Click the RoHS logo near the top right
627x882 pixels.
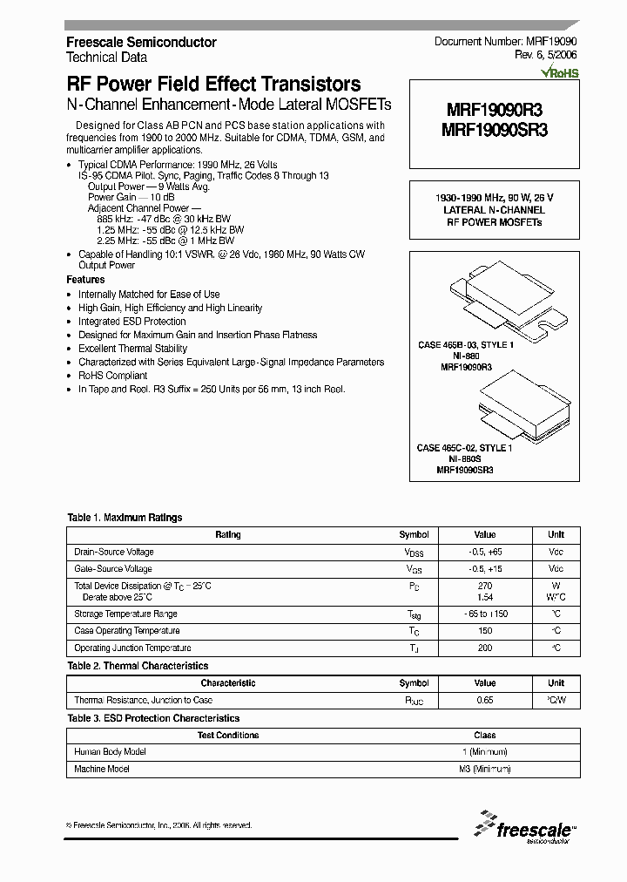point(559,74)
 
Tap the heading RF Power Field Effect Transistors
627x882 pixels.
point(213,85)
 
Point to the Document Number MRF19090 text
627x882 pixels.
point(505,42)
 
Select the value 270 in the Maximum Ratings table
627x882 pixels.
point(485,586)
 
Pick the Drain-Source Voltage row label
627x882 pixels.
point(114,552)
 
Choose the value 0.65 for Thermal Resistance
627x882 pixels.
point(485,700)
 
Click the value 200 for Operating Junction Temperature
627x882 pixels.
point(485,648)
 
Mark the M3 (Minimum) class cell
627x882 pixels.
point(485,769)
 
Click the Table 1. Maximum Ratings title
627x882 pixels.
point(125,518)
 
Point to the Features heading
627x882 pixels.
point(85,280)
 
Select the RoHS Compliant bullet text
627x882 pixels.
point(112,376)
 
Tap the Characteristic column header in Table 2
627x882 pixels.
point(228,683)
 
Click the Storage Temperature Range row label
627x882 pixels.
point(126,614)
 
